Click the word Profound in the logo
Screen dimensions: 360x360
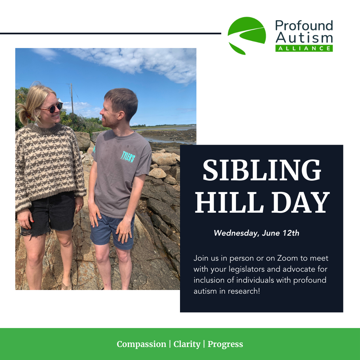pyautogui.click(x=304, y=25)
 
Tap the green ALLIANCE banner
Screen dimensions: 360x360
pyautogui.click(x=304, y=48)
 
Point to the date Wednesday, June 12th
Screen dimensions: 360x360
pyautogui.click(x=256, y=233)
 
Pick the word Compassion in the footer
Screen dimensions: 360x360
pyautogui.click(x=141, y=344)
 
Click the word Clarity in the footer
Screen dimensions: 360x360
pyautogui.click(x=187, y=344)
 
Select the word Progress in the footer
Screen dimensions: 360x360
pyautogui.click(x=225, y=344)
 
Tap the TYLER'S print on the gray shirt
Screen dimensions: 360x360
pyautogui.click(x=128, y=157)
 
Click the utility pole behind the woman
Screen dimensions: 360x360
pyautogui.click(x=72, y=98)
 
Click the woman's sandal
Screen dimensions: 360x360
pyautogui.click(x=66, y=286)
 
